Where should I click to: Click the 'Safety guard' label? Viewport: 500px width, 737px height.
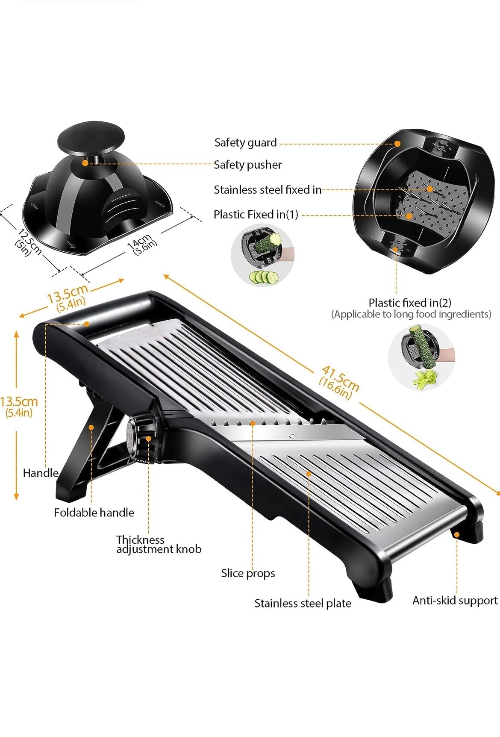coord(245,143)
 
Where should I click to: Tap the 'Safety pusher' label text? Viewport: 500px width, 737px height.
coord(247,165)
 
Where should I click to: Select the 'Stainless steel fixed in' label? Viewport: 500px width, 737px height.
coord(268,189)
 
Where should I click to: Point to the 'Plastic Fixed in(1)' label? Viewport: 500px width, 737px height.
coord(256,214)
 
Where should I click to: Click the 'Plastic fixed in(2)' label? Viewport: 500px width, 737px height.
coord(410,303)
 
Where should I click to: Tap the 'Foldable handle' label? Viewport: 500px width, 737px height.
coord(94,513)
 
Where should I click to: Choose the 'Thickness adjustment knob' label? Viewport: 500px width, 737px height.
coord(159,545)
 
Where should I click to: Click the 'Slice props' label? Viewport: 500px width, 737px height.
coord(248,573)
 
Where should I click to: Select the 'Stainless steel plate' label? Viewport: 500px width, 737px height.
coord(303,603)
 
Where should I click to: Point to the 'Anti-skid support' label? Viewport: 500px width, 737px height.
coord(455,601)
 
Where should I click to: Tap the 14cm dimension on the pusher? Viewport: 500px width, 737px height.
coord(142,245)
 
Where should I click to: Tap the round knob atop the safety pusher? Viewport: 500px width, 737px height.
coord(91,138)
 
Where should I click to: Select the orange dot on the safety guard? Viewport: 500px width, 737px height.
coord(397,144)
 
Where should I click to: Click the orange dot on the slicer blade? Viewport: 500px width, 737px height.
coord(253,423)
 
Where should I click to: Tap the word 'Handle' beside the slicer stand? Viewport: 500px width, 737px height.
coord(41,473)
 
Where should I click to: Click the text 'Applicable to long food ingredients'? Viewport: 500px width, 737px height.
coord(411,314)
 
